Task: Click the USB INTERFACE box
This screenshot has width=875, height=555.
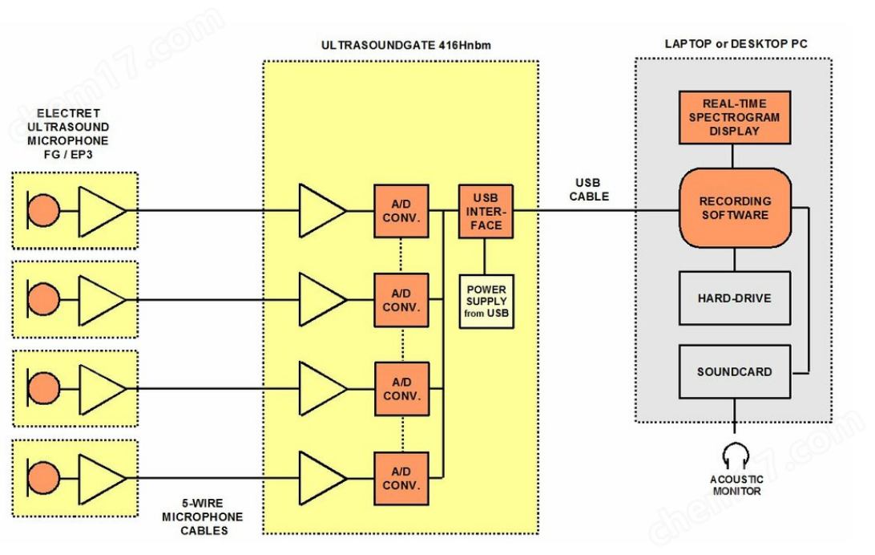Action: tap(486, 211)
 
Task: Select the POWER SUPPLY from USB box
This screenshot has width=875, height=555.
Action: tap(486, 301)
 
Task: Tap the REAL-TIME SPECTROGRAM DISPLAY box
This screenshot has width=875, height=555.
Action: tap(734, 117)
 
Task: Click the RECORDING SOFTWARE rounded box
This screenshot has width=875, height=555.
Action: tap(735, 208)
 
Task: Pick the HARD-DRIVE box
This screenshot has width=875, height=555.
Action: tap(734, 298)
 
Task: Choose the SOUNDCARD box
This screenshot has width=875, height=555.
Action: tap(734, 371)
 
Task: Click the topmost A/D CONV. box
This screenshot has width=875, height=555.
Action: tap(401, 211)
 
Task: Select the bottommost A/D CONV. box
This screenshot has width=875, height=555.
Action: tap(401, 479)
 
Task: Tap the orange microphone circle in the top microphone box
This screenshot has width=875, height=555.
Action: tap(44, 211)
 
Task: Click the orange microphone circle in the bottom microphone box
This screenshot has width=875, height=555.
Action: tap(44, 479)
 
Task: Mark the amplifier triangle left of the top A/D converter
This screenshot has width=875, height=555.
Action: tap(321, 211)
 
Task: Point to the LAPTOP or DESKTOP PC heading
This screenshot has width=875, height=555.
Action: tap(736, 43)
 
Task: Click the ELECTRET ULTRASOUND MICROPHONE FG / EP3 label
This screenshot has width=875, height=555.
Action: tap(68, 133)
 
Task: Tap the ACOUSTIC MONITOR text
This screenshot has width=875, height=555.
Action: tap(736, 485)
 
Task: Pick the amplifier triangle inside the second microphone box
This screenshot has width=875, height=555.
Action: tap(100, 300)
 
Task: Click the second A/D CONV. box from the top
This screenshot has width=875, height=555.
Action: tap(401, 300)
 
